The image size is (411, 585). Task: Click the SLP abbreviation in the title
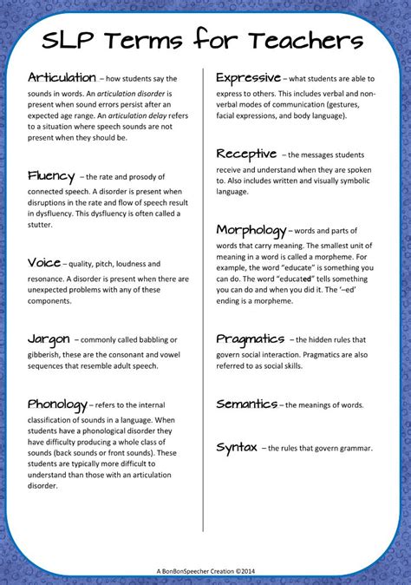click(x=73, y=41)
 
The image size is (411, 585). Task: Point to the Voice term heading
click(x=44, y=262)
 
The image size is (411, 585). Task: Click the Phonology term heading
click(x=57, y=404)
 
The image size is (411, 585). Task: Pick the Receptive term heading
click(x=247, y=154)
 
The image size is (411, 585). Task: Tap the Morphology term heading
click(x=251, y=230)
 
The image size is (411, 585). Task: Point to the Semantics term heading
click(x=246, y=404)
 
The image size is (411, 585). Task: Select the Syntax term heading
click(x=235, y=447)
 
